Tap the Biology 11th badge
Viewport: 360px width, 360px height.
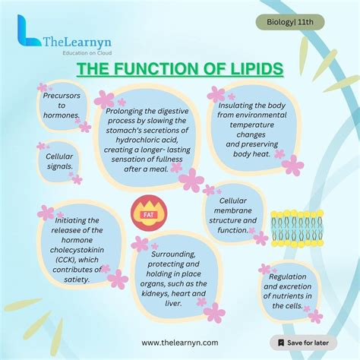point(290,23)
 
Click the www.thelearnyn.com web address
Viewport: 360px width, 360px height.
point(180,343)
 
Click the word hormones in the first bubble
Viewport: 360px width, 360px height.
point(62,116)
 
